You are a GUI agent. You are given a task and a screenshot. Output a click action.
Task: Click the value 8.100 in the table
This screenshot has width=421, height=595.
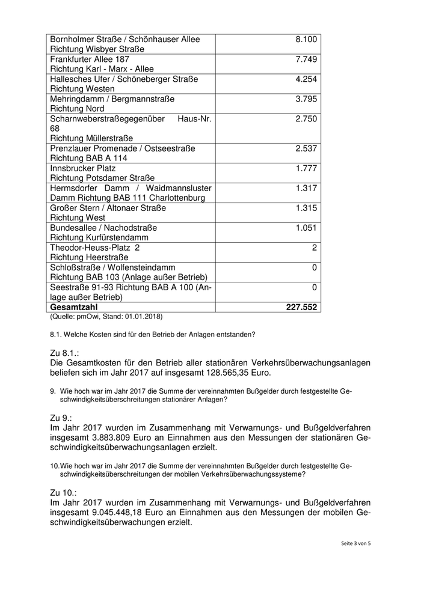[306, 40]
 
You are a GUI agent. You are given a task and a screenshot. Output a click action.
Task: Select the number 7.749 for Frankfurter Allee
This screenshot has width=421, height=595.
[306, 59]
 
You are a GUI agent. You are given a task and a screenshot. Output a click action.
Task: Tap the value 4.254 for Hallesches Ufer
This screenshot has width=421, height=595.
[306, 79]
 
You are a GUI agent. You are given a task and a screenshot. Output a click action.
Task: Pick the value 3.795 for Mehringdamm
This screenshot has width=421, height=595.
[306, 99]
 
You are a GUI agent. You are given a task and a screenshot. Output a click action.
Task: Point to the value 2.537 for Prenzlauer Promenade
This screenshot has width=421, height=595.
[306, 148]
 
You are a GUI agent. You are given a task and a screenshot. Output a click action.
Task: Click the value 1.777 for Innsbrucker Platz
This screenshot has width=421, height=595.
[306, 168]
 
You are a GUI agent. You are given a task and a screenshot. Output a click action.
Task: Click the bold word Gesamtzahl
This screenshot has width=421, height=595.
[74, 307]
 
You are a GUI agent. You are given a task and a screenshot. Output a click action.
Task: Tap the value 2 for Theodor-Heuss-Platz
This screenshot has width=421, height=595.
[315, 248]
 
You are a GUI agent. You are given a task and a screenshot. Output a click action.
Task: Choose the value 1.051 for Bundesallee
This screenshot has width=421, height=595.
[306, 228]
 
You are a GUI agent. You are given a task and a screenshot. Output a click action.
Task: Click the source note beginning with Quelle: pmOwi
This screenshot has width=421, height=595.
[106, 316]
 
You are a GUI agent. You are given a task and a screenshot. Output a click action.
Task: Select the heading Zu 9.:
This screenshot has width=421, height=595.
[61, 416]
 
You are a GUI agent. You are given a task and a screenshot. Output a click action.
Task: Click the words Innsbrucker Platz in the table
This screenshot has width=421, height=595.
[83, 168]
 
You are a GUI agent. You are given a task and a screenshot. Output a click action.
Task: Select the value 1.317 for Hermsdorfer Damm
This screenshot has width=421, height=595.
[306, 188]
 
